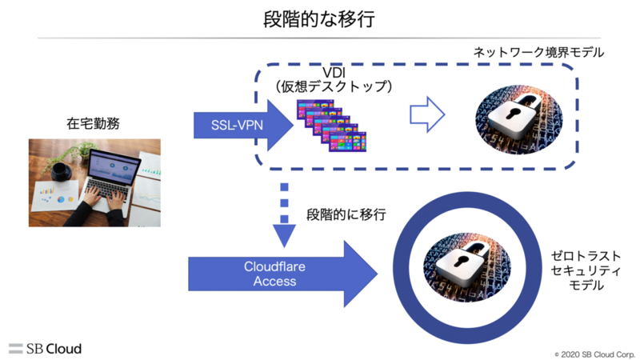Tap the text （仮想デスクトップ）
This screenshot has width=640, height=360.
(333, 87)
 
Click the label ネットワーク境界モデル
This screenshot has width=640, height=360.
(538, 53)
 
